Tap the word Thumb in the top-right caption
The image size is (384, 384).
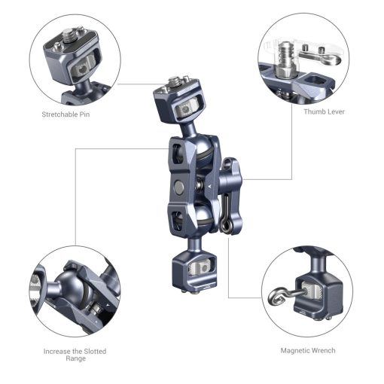tap(314, 111)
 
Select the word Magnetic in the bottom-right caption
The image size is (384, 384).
tap(296, 350)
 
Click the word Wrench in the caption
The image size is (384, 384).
tap(324, 350)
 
